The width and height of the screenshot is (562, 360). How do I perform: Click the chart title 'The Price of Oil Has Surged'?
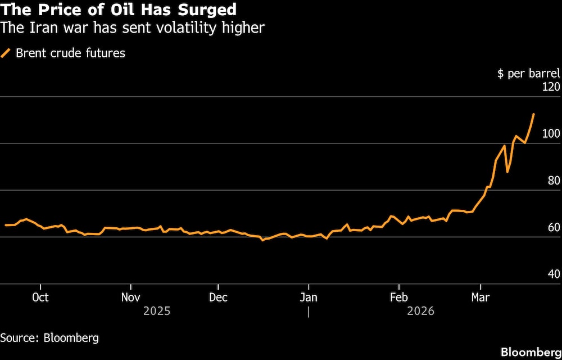pyautogui.click(x=119, y=10)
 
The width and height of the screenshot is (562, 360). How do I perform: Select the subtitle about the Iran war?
pyautogui.click(x=132, y=28)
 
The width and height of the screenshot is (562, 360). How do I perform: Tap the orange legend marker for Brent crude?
pyautogui.click(x=6, y=53)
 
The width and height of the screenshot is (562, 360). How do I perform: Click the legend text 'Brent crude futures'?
pyautogui.click(x=70, y=53)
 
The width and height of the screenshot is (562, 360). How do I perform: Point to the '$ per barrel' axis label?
pyautogui.click(x=529, y=74)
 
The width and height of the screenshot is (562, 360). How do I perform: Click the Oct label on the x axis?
pyautogui.click(x=40, y=297)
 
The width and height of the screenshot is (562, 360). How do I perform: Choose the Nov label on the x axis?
pyautogui.click(x=130, y=297)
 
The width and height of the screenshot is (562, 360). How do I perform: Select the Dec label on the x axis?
pyautogui.click(x=218, y=297)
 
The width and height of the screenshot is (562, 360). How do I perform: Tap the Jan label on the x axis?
pyautogui.click(x=309, y=297)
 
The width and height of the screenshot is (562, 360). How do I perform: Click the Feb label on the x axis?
pyautogui.click(x=398, y=297)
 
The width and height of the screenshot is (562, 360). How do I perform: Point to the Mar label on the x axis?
pyautogui.click(x=480, y=297)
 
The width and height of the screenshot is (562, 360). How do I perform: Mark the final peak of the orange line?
pyautogui.click(x=533, y=114)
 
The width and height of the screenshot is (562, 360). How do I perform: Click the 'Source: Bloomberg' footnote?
pyautogui.click(x=49, y=338)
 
